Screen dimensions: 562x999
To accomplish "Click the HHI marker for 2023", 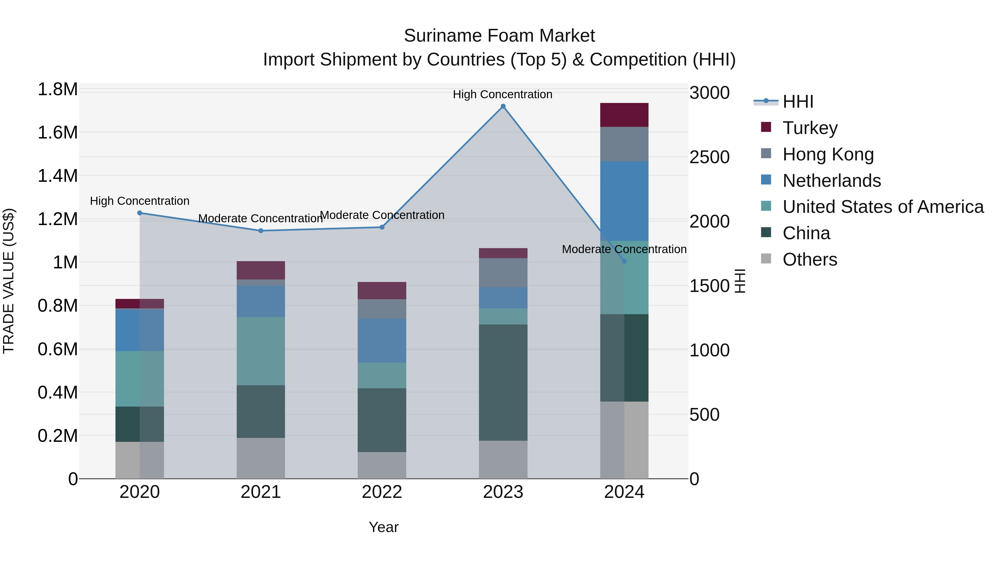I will click(503, 106).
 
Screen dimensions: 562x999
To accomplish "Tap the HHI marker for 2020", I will click(140, 213).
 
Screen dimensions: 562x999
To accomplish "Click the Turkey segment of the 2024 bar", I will click(624, 115).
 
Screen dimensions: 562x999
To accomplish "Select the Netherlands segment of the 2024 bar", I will click(624, 201).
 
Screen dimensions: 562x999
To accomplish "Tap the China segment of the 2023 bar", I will click(503, 382).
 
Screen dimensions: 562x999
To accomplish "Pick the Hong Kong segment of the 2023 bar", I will click(503, 273).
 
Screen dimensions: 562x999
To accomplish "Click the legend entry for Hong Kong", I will click(828, 154).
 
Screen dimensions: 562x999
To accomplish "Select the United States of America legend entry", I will click(883, 207).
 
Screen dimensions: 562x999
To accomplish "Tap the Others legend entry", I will click(810, 259).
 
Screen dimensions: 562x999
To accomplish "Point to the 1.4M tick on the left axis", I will click(57, 176).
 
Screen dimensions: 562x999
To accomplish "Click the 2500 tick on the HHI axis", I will click(710, 157).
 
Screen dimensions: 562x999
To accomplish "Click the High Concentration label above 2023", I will click(503, 94).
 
